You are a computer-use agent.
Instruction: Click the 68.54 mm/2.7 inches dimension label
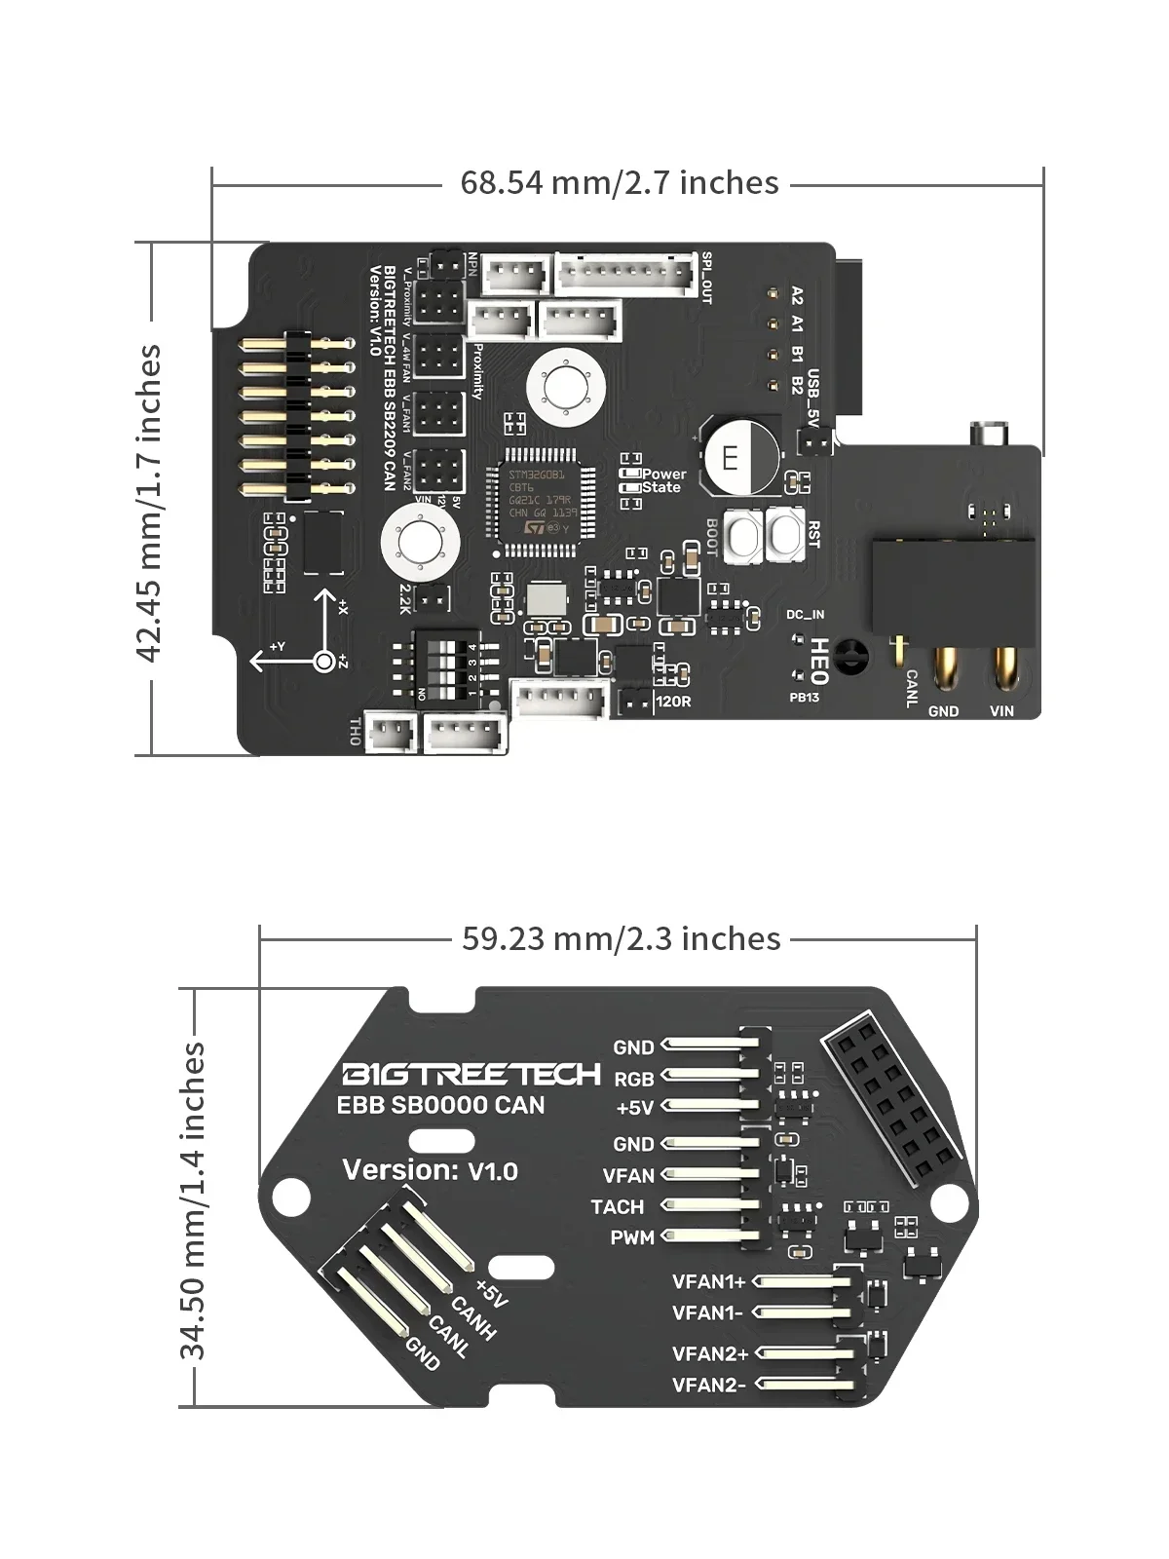(x=620, y=183)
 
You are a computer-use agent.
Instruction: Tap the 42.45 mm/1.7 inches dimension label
(x=149, y=503)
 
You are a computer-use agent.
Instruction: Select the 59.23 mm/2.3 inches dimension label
(x=621, y=939)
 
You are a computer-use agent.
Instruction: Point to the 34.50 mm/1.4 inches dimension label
(x=192, y=1199)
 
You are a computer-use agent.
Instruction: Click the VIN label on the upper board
(x=1001, y=711)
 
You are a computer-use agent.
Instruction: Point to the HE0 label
(x=819, y=662)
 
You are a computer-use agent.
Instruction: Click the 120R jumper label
(x=674, y=701)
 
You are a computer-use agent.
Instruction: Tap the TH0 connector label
(x=354, y=733)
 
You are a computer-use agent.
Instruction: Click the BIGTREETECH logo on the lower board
(x=471, y=1074)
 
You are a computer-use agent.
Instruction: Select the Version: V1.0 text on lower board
(x=430, y=1170)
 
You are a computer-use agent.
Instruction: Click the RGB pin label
(x=633, y=1079)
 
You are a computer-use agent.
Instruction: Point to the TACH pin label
(x=617, y=1207)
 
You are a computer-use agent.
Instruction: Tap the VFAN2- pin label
(x=708, y=1385)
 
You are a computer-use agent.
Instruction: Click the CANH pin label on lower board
(x=473, y=1318)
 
